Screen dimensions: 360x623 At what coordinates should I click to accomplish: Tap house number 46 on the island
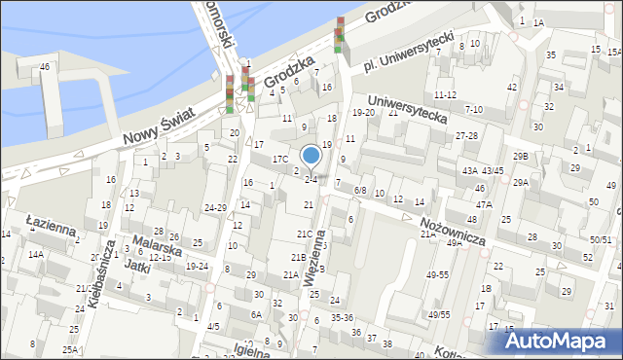click(45, 66)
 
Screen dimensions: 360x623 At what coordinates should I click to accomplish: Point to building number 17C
click(280, 158)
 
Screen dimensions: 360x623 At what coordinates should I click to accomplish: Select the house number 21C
click(304, 234)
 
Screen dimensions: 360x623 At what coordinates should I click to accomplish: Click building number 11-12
click(446, 94)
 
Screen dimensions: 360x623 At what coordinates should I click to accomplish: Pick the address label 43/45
click(493, 171)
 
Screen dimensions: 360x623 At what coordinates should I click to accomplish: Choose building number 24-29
click(215, 207)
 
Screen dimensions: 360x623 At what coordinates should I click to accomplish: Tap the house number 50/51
click(601, 239)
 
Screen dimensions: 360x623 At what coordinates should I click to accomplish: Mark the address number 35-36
click(342, 317)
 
